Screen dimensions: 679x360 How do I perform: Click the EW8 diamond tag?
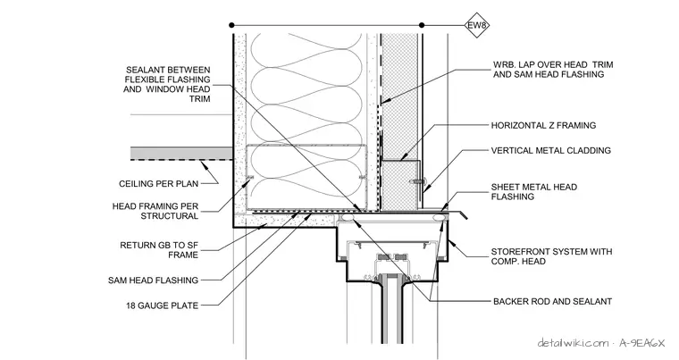tap(476, 25)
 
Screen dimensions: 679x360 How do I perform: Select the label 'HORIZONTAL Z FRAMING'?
tap(543, 126)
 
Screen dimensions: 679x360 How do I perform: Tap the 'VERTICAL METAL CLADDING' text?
tap(551, 151)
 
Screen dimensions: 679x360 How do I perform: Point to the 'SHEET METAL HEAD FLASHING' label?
tap(534, 192)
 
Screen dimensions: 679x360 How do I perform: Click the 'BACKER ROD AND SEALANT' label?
tap(552, 302)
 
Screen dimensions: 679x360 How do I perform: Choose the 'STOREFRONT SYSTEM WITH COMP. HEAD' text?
tap(552, 256)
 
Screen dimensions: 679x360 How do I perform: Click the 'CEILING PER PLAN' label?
tap(158, 184)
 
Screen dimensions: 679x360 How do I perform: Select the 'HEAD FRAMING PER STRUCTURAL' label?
tap(155, 211)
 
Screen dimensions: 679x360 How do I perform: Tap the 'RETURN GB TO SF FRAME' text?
tap(159, 250)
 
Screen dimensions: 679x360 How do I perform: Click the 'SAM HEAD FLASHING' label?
tap(154, 280)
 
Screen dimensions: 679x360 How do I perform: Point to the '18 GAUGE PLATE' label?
tap(162, 306)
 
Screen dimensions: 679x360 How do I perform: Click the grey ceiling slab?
tap(182, 154)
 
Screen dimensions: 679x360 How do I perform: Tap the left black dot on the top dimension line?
tap(231, 25)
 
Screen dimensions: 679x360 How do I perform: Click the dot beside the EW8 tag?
tap(422, 25)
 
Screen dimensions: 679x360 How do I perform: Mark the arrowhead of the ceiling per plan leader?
tap(203, 163)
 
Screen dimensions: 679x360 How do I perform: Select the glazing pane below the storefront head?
tap(391, 313)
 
